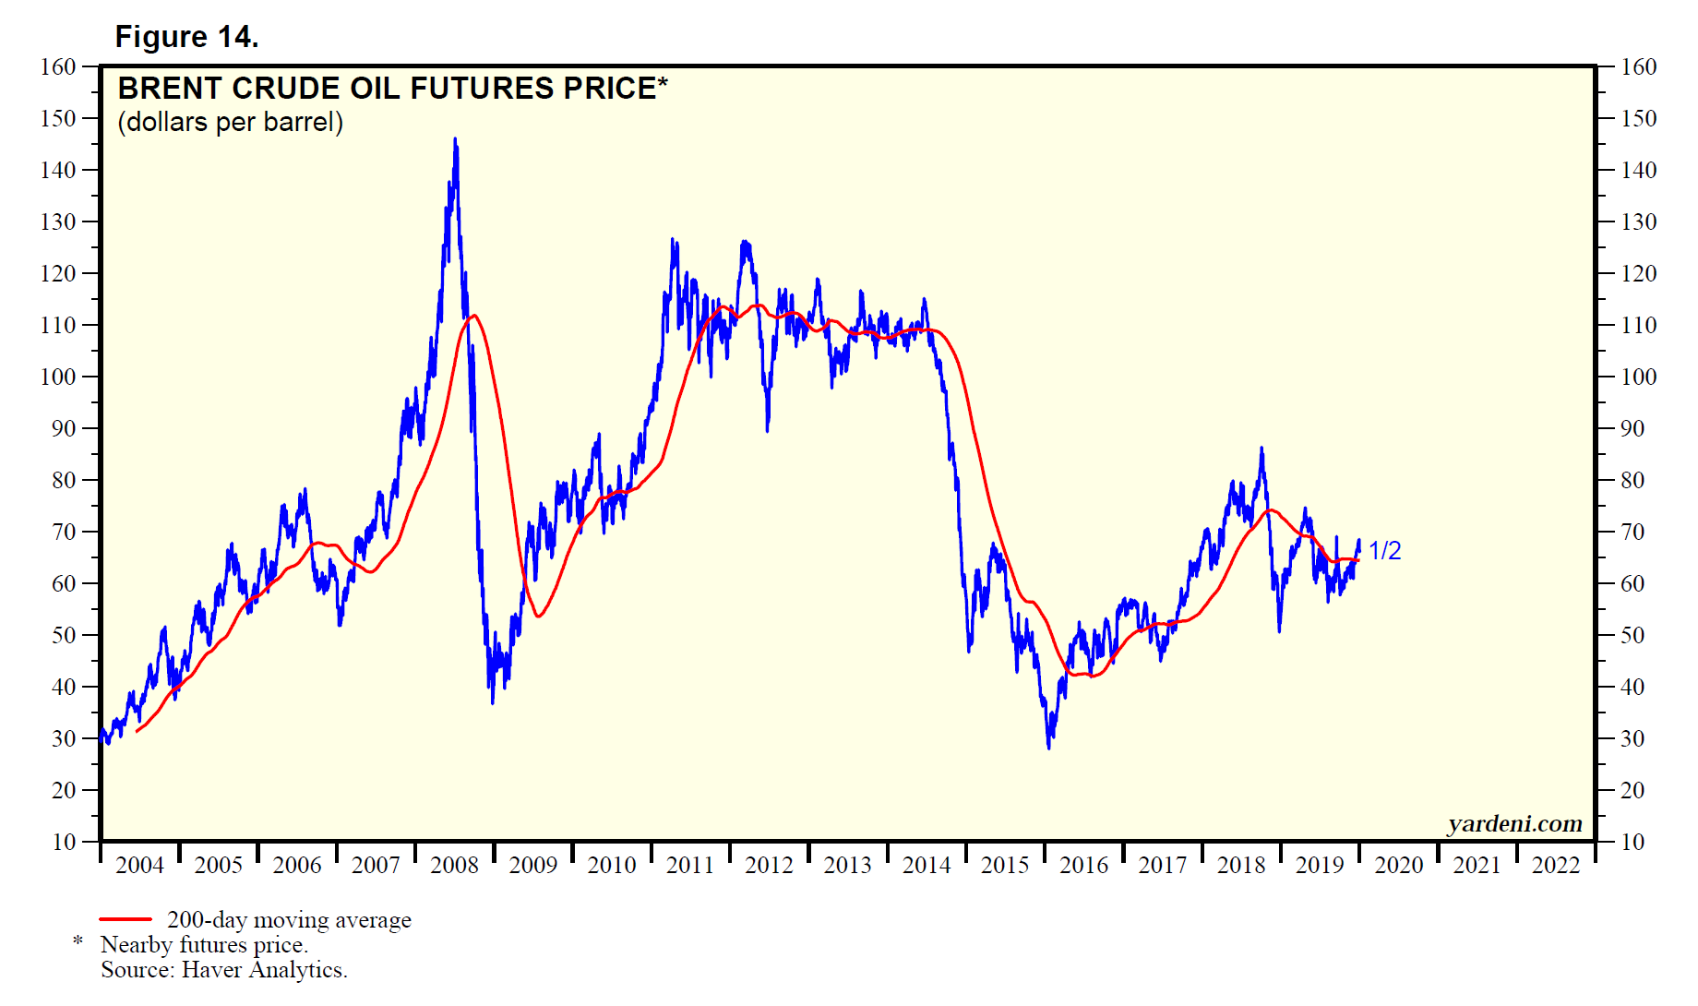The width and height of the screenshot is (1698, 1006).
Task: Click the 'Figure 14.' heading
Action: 186,37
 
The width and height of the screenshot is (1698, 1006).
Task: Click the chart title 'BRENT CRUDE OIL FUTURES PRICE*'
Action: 392,89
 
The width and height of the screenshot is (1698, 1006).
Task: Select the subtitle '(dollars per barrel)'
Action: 231,122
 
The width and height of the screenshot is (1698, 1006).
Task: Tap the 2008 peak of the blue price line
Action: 455,140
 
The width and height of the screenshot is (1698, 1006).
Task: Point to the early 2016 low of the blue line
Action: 1049,746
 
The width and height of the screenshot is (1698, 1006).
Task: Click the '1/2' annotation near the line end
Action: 1384,551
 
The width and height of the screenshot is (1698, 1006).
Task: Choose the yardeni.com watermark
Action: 1514,823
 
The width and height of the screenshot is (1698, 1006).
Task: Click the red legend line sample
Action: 126,919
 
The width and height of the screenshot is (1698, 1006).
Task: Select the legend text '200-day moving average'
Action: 289,920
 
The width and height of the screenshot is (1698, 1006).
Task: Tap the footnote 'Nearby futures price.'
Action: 204,945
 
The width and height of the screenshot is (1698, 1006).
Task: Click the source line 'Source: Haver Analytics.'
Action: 224,970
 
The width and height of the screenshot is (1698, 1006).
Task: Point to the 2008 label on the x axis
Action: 455,866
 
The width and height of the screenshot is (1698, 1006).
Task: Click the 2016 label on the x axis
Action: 1083,866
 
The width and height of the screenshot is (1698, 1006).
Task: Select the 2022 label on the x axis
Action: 1556,866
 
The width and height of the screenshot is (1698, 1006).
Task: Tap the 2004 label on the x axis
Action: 140,866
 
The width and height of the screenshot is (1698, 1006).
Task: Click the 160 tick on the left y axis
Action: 58,67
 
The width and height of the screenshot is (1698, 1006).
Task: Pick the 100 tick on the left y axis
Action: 58,377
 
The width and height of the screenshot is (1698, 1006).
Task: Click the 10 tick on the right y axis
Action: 1632,843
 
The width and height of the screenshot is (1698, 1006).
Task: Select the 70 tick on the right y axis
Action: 1632,533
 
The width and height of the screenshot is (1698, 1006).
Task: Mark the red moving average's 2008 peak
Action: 473,316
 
